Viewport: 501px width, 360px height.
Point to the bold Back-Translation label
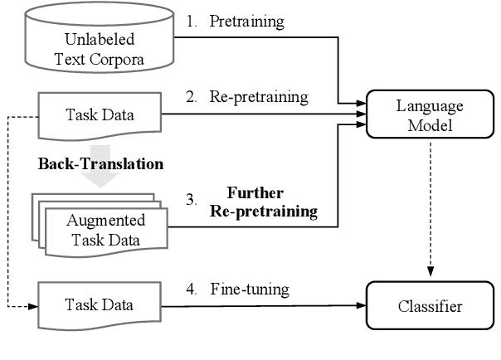100,163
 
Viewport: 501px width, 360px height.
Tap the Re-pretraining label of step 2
257,97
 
